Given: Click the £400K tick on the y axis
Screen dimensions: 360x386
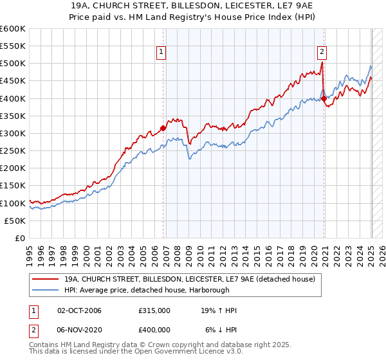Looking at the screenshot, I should pyautogui.click(x=13, y=98).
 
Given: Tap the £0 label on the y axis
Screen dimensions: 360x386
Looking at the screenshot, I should pyautogui.click(x=20, y=239).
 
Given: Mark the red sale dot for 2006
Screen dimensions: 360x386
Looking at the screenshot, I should pyautogui.click(x=163, y=128).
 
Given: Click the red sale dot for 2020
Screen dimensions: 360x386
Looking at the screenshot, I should pyautogui.click(x=324, y=98).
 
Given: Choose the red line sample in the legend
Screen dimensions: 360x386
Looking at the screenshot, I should pyautogui.click(x=45, y=279).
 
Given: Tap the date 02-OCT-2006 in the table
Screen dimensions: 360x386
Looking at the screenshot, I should pyautogui.click(x=80, y=310).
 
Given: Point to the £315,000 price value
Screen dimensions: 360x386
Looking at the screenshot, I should pyautogui.click(x=154, y=310).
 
